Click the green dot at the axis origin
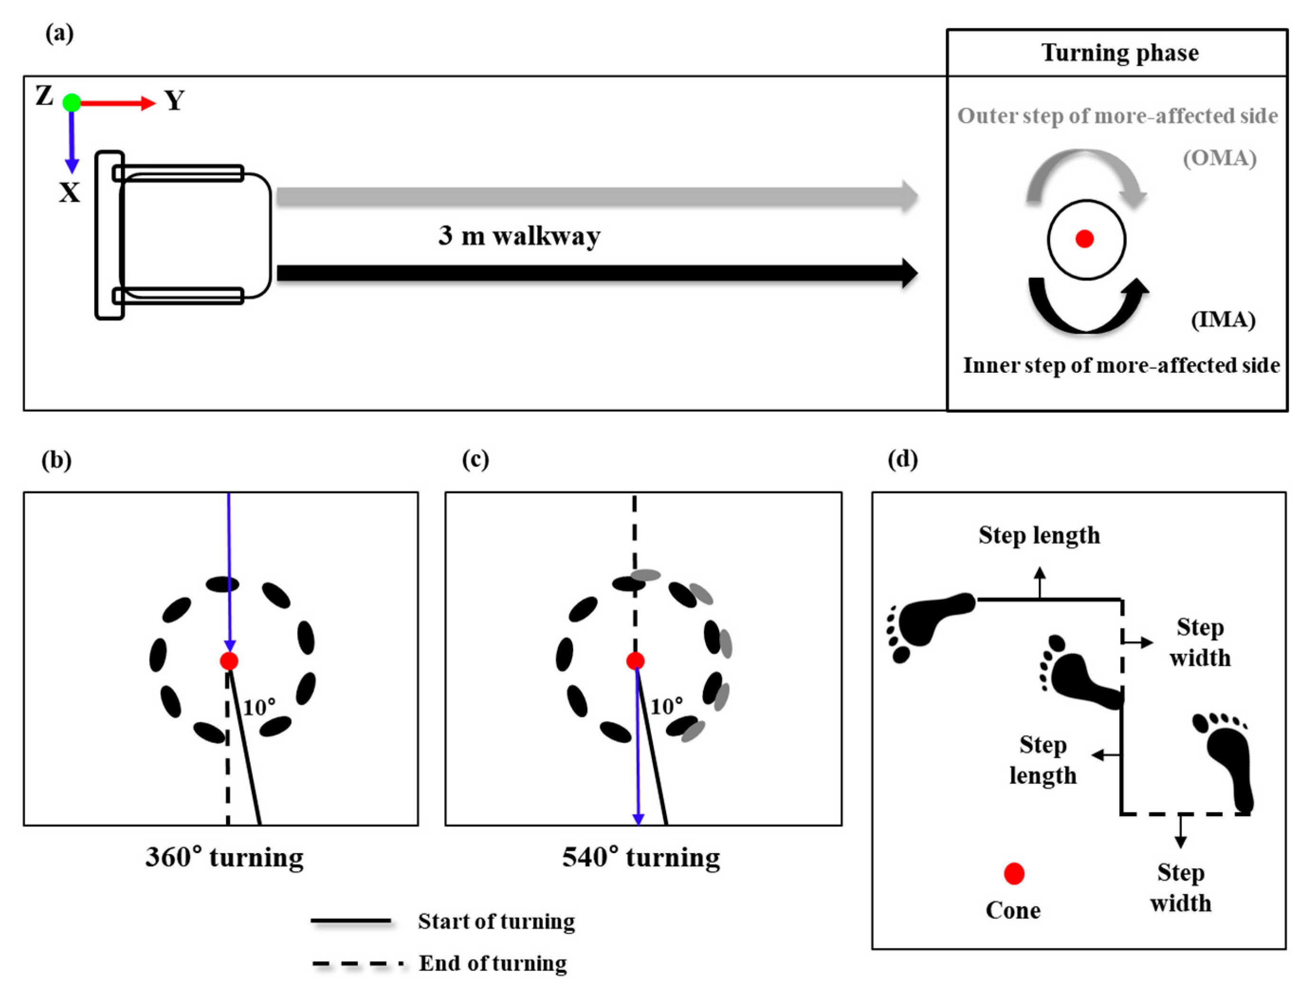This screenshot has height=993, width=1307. pyautogui.click(x=72, y=103)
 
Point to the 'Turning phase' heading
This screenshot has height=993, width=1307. pyautogui.click(x=1120, y=53)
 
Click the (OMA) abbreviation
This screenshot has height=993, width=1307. pyautogui.click(x=1219, y=158)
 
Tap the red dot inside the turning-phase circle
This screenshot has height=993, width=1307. pyautogui.click(x=1085, y=239)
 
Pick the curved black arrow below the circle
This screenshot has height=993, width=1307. pyautogui.click(x=1087, y=310)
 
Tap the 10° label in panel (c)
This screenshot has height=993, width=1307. pyautogui.click(x=667, y=706)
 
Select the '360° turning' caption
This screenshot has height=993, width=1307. pyautogui.click(x=225, y=857)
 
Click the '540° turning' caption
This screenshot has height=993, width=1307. pyautogui.click(x=641, y=857)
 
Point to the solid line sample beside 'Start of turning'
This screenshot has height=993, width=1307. pyautogui.click(x=351, y=920)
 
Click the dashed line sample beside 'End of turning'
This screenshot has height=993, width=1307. pyautogui.click(x=358, y=964)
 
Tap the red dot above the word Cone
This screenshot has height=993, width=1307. pyautogui.click(x=1014, y=873)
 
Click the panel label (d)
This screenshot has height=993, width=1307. pyautogui.click(x=902, y=459)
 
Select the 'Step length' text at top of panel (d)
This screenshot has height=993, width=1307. pyautogui.click(x=1039, y=535)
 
